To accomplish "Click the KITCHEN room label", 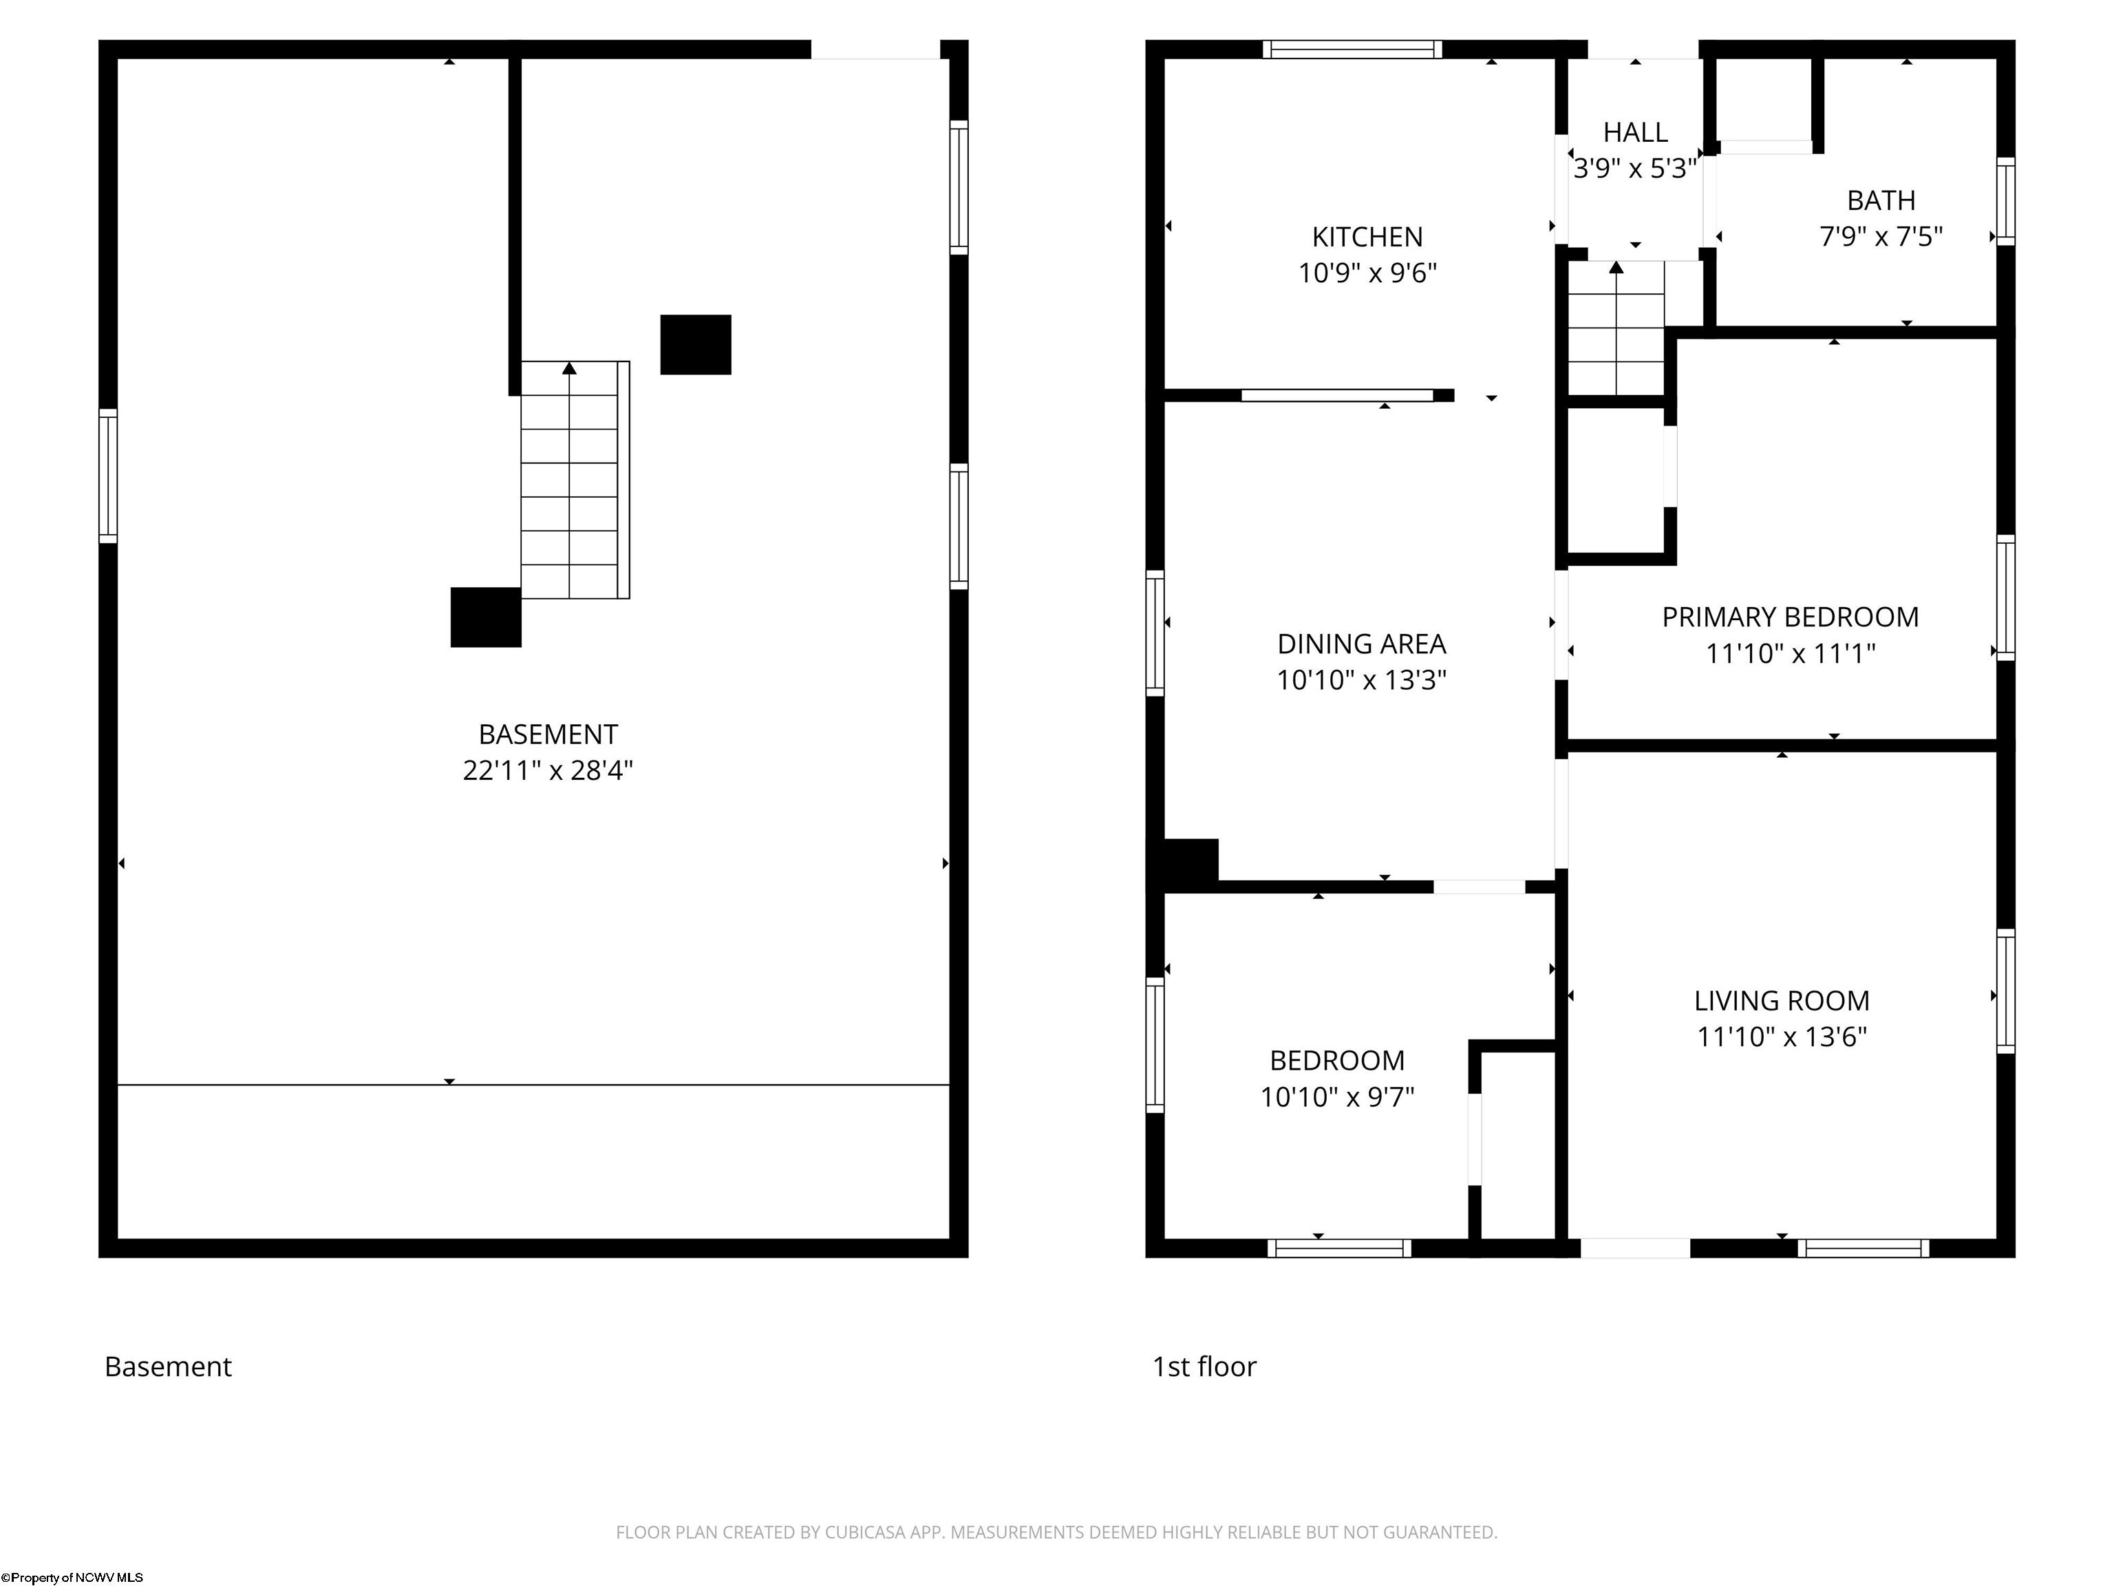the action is (x=1367, y=236).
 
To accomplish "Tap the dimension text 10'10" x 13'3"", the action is (x=1361, y=679).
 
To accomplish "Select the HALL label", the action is (x=1635, y=132).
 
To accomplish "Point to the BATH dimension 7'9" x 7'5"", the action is (x=1881, y=236).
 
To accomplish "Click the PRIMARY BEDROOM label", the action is (x=1790, y=617).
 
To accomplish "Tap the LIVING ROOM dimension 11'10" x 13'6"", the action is (x=1782, y=1036).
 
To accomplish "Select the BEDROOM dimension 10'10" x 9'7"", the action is (x=1337, y=1097).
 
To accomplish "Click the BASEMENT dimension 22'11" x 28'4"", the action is (x=548, y=770).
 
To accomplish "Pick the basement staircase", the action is (x=575, y=480).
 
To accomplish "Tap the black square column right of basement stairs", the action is (x=696, y=344).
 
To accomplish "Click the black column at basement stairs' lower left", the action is (x=486, y=617).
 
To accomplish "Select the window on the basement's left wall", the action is (x=108, y=476).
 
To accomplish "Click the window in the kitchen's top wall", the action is (x=1352, y=50).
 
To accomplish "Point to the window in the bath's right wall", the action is (x=2005, y=202).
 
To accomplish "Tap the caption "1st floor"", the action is (x=1204, y=1367).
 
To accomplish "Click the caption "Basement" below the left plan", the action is (x=168, y=1367).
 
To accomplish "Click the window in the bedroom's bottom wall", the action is (x=1339, y=1247).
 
